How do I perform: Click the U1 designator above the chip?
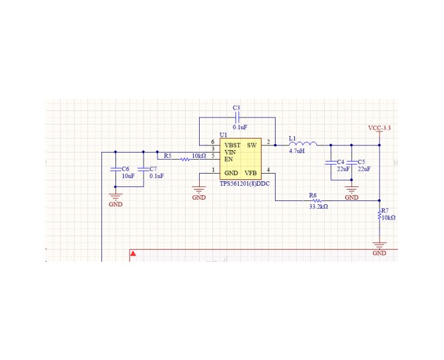[223, 135]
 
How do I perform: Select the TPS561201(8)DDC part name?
[244, 183]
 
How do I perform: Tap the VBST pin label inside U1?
[232, 145]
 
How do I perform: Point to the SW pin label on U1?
[251, 145]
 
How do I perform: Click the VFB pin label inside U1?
[251, 173]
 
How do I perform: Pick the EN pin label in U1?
[228, 159]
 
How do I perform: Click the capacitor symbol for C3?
[237, 118]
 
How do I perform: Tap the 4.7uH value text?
[297, 152]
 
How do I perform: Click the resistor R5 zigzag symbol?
[184, 159]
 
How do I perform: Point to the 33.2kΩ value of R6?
[318, 207]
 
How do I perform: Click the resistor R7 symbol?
[380, 216]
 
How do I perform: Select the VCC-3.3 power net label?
[379, 128]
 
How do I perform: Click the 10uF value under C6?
[128, 176]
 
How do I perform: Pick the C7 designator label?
[152, 169]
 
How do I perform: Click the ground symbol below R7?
[380, 245]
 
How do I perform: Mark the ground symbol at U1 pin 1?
[199, 190]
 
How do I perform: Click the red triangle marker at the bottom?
[133, 253]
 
